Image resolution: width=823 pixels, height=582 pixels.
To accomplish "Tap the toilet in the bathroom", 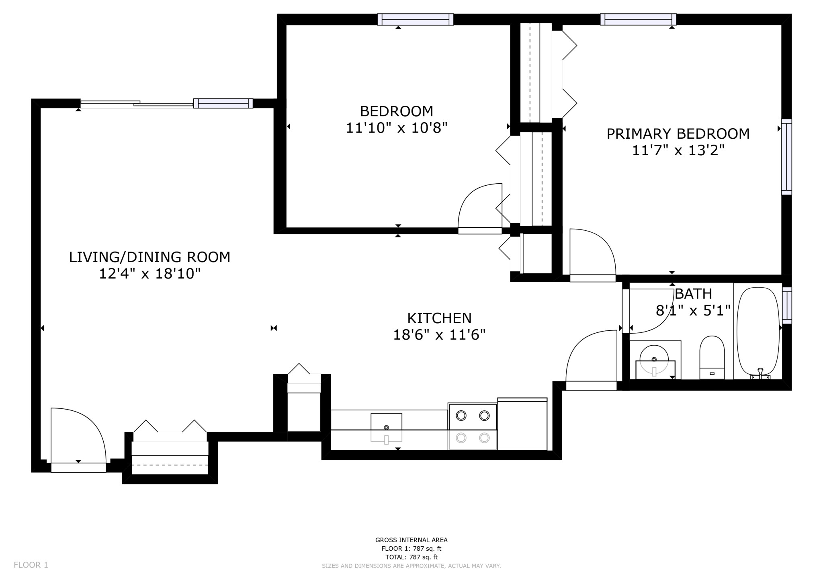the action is point(712,357).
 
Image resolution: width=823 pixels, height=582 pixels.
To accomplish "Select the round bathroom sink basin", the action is point(654,359).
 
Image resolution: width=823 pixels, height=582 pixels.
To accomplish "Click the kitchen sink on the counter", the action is point(386,428).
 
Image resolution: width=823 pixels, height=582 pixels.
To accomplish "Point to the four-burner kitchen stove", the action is point(473,426).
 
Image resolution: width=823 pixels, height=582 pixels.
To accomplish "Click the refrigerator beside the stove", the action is point(522,424).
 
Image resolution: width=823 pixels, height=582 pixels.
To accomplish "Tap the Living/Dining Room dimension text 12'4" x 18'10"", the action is point(150,274).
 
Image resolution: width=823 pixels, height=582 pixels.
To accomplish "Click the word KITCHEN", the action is point(439,318).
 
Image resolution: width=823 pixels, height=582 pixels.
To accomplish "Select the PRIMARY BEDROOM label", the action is point(678,134).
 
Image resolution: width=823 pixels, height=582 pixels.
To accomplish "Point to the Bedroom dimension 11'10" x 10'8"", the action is point(397,128).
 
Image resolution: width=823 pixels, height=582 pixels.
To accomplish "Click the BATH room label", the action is point(693,294).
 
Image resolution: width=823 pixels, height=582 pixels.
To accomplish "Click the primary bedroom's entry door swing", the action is point(593,254).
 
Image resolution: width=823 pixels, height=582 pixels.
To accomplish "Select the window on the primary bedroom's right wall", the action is point(786,157).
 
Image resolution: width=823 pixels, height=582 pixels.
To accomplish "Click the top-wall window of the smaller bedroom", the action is point(416,19).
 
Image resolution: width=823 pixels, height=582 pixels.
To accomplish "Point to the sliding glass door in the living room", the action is point(137,104).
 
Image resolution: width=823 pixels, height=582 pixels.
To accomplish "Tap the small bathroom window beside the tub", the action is point(787,305).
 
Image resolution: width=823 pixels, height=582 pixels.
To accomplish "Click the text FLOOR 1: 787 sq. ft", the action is point(411,549).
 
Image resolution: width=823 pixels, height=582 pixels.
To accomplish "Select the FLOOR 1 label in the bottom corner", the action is point(31,565).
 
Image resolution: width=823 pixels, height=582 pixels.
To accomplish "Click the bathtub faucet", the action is point(760,374).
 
